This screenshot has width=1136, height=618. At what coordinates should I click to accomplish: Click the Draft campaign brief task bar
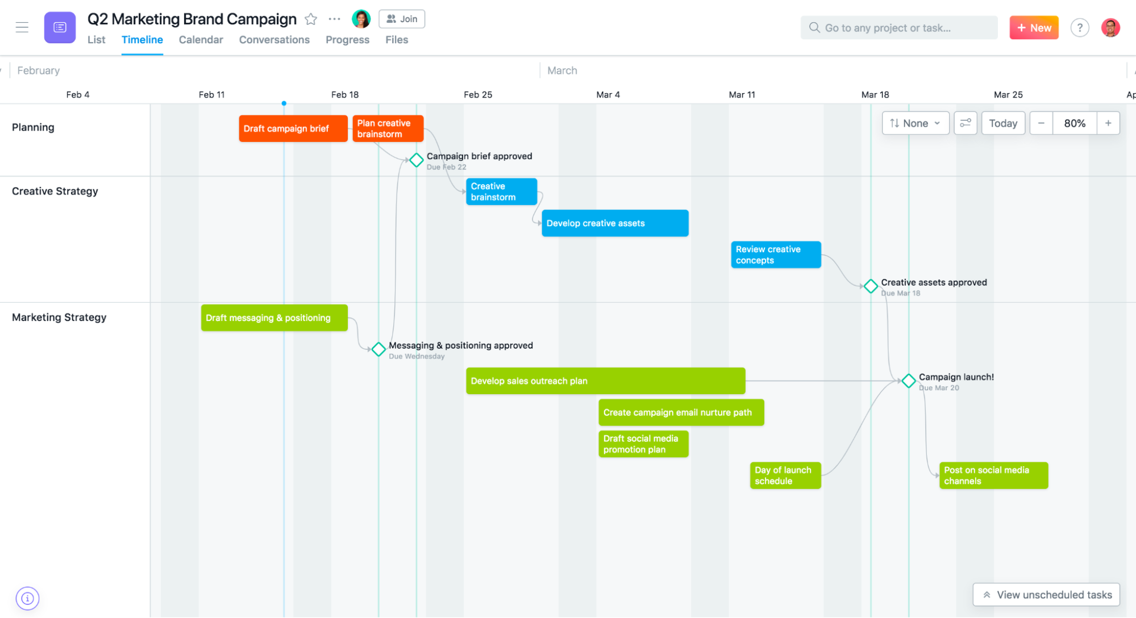click(293, 128)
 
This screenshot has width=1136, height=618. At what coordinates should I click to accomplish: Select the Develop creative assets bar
click(614, 223)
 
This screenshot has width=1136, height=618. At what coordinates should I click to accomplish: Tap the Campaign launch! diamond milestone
click(908, 381)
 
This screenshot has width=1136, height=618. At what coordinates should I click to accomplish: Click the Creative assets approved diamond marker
click(870, 286)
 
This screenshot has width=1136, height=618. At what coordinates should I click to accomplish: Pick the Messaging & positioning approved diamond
click(378, 349)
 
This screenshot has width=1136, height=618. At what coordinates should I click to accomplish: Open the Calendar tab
click(201, 40)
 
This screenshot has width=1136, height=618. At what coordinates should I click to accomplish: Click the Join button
click(402, 19)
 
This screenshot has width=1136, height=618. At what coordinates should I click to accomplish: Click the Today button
click(1002, 123)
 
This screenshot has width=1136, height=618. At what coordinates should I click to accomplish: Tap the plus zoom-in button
click(1108, 123)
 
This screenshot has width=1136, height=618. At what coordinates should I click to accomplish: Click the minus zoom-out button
click(1041, 123)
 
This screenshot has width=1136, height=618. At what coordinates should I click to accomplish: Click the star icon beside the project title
click(311, 19)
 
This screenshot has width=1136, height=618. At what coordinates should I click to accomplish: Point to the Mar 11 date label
click(742, 95)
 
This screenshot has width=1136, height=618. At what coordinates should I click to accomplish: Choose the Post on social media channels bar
click(993, 475)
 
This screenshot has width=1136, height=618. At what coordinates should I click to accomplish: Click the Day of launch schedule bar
click(785, 475)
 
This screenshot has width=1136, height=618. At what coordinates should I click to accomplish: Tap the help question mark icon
click(1079, 28)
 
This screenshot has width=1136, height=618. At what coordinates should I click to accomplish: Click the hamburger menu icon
click(22, 27)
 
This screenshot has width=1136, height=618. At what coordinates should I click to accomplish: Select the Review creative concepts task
click(775, 254)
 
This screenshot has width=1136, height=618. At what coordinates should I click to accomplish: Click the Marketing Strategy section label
click(59, 318)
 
